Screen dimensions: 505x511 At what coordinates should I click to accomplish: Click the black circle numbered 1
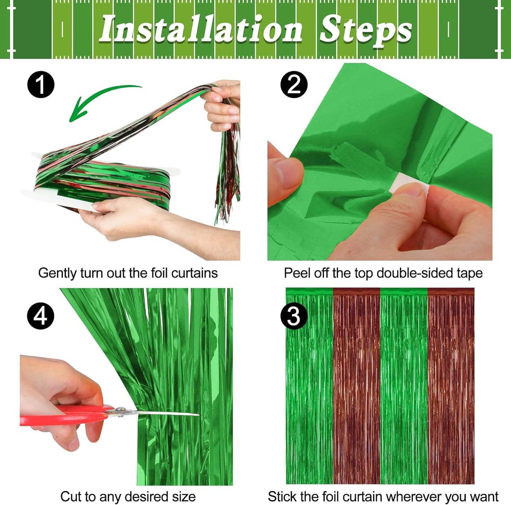[41, 85]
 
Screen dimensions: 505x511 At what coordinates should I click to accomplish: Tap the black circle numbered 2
[294, 85]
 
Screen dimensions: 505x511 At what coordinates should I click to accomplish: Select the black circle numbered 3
[294, 316]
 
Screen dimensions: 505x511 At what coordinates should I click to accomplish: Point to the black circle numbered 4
[41, 316]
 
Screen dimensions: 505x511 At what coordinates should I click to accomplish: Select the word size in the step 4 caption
[184, 497]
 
